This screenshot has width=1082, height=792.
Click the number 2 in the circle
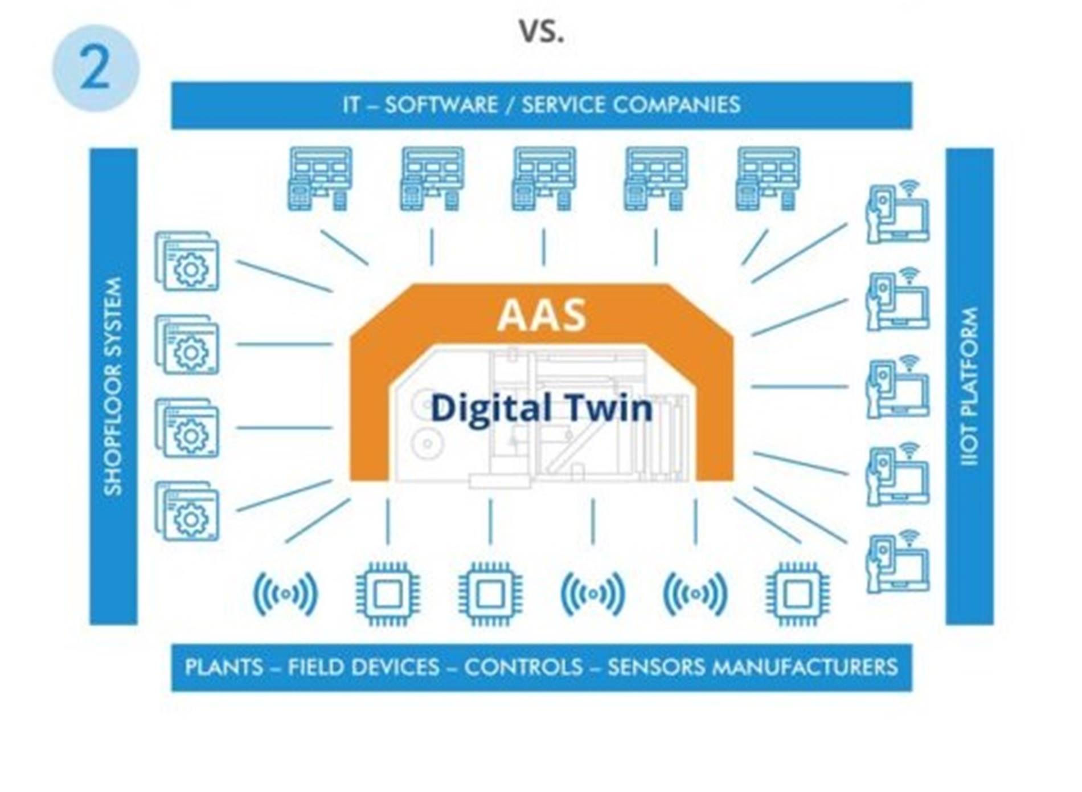pos(95,68)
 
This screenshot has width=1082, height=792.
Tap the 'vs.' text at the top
pos(542,31)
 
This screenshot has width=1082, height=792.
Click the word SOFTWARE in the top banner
pos(441,105)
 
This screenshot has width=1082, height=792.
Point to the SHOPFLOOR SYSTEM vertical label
pos(113,386)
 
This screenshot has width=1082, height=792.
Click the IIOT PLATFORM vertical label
pos(969,386)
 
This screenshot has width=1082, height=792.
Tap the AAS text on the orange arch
pos(542,315)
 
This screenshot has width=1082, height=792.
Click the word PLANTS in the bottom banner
pos(224,667)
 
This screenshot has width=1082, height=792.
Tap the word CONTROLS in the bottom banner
pos(523,667)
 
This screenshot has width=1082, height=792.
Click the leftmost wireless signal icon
pos(285,594)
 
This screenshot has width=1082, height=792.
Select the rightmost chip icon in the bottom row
pos(797,594)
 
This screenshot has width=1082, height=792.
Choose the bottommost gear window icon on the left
pos(187,511)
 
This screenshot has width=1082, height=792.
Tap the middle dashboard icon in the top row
pos(544,179)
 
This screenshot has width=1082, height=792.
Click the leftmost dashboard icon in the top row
pos(319,179)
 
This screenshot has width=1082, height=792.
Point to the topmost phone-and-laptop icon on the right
pos(897,212)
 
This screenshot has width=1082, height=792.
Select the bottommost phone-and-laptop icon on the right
pos(897,562)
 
